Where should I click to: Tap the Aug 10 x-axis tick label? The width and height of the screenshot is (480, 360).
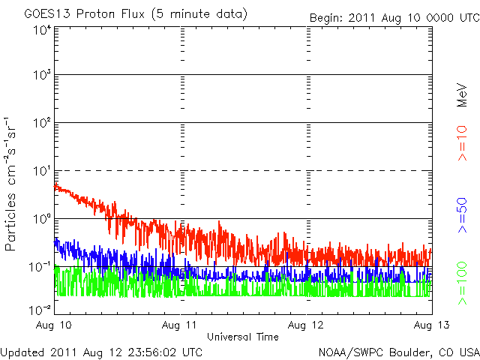point(54,325)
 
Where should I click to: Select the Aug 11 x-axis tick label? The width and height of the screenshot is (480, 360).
point(182,325)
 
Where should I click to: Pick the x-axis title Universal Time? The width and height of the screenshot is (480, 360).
point(242,337)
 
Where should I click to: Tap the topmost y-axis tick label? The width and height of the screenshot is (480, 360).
point(41,31)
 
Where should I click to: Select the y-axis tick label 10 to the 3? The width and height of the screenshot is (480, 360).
point(41,75)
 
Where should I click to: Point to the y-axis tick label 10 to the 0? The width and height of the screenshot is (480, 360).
point(41,218)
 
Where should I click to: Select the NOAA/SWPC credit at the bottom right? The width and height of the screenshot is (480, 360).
point(398,351)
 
